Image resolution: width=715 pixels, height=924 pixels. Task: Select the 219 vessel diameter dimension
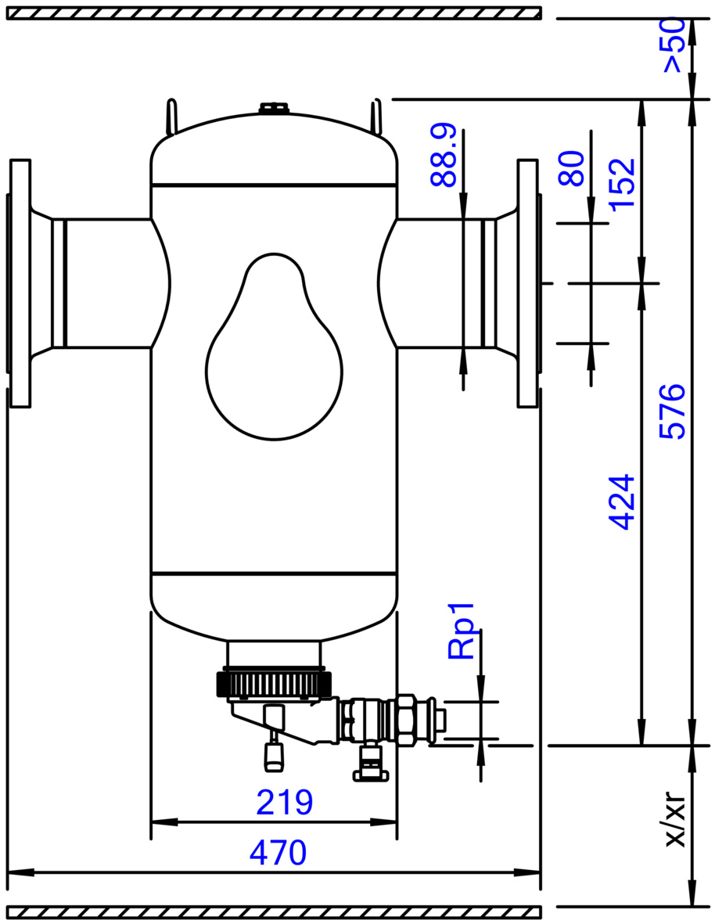point(285,802)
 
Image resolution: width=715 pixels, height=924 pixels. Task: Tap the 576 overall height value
point(672,411)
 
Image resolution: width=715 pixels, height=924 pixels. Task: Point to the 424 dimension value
point(622,502)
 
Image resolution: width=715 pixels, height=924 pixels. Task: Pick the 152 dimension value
point(622,184)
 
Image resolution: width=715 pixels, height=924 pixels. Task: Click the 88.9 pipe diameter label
point(444,155)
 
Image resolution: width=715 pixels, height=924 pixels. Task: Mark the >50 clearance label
point(673,45)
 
